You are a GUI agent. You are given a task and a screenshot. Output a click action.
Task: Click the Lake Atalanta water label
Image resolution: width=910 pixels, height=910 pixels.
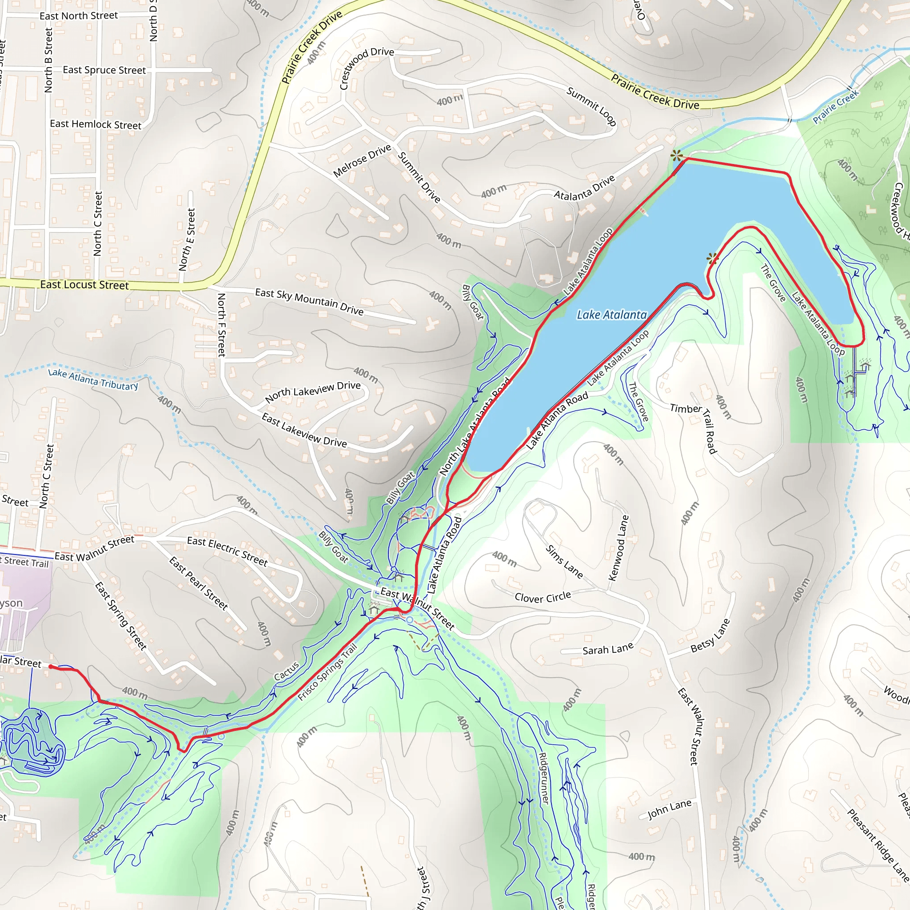coord(612,315)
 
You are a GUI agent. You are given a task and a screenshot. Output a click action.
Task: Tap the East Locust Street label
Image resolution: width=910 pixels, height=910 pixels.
coord(84,285)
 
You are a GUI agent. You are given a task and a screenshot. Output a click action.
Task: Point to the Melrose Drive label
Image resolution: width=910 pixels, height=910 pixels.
coord(362,160)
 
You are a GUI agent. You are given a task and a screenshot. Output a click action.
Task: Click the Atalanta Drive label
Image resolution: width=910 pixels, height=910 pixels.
coord(584,188)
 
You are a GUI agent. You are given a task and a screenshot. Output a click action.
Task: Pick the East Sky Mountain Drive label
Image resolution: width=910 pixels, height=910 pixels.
coord(309,301)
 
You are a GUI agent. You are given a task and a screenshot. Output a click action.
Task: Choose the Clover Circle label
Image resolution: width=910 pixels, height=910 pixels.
coord(543,597)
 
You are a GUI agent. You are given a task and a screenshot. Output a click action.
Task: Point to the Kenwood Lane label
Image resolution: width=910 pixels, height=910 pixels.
coord(619,548)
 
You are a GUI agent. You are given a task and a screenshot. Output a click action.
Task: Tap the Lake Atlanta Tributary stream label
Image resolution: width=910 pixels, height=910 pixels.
coord(93,379)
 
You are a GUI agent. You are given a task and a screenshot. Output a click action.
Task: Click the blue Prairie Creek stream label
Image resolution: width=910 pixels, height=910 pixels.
coord(836,107)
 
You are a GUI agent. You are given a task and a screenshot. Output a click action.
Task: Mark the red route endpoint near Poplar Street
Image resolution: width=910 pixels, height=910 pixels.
coord(51,667)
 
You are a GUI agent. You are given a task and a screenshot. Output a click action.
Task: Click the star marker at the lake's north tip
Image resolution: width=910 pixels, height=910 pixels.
coord(676,156)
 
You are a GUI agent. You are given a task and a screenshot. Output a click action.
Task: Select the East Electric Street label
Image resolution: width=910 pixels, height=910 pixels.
coord(227,551)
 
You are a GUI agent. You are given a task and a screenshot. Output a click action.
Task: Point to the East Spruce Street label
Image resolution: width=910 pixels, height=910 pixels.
coord(104,70)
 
